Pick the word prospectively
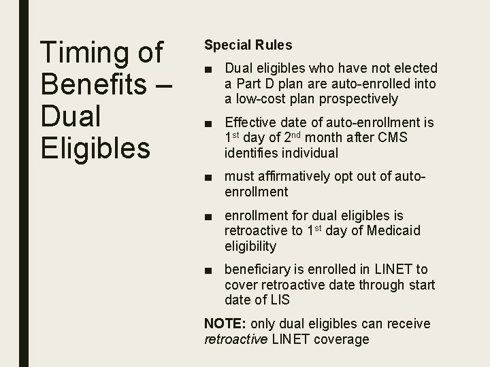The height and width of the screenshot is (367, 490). (359, 99)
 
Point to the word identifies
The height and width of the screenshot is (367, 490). (255, 152)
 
